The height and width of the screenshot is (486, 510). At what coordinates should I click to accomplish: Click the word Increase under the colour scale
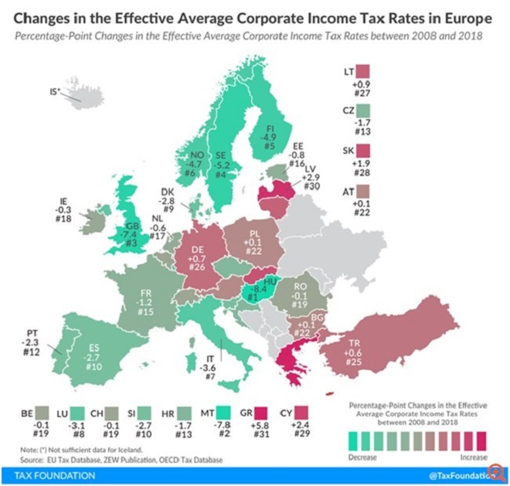(x=466, y=459)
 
